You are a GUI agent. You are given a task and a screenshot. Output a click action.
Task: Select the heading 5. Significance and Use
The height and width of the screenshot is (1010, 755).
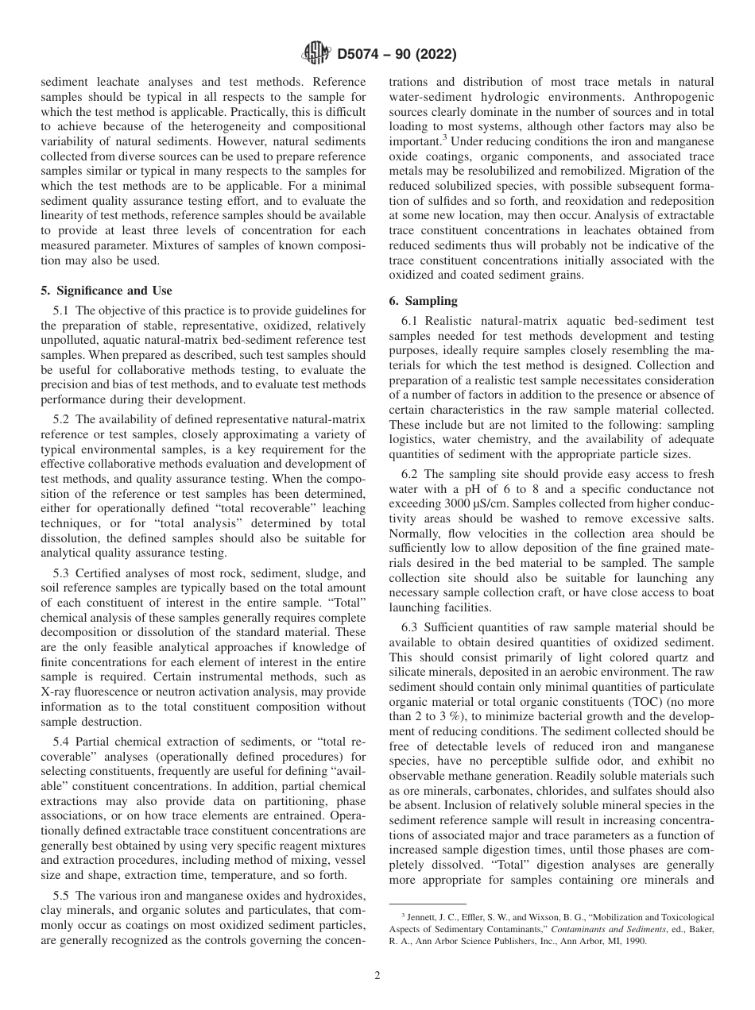point(106,291)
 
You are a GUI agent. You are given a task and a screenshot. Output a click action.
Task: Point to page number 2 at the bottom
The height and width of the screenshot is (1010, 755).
point(377,976)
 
